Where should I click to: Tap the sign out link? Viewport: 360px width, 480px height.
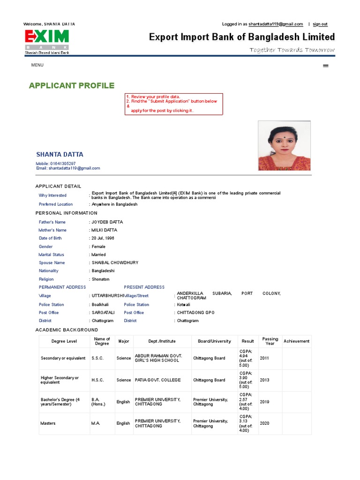(320, 24)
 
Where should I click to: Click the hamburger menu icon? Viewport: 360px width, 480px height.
(326, 66)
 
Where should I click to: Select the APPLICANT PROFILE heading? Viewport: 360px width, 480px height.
(71, 85)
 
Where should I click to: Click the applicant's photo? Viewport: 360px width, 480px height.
(284, 146)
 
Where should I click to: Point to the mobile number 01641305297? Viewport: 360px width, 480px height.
(62, 164)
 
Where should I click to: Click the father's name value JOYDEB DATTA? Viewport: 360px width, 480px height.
(107, 222)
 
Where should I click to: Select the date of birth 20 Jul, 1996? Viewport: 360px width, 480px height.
(103, 238)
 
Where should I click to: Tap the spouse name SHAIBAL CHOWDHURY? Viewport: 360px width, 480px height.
(115, 263)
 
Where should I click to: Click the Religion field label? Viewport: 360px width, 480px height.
(46, 279)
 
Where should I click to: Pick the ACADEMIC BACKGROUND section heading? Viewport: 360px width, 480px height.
(67, 330)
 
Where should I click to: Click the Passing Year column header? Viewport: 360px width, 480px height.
(270, 341)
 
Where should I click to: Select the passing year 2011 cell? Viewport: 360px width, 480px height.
(265, 358)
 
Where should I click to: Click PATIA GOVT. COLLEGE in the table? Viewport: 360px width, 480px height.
(157, 380)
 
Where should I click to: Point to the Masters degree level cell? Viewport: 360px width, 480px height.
(48, 423)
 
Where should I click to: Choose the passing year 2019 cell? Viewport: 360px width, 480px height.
(265, 402)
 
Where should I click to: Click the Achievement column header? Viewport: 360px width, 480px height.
(296, 341)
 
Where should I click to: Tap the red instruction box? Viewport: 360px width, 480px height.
(173, 104)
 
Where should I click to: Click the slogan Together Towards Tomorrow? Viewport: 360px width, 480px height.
(292, 50)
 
